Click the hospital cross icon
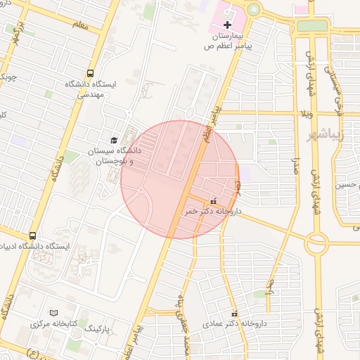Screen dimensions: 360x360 226,25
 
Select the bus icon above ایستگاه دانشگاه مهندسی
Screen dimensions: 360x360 90,73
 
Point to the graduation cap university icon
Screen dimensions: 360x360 113,140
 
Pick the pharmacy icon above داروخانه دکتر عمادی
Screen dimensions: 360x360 235,314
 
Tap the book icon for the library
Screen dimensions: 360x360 54,313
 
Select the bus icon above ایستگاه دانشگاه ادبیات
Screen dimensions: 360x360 32,236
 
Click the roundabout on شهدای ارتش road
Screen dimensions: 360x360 317,245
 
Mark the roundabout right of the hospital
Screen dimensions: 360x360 252,9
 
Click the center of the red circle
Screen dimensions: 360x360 179,179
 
